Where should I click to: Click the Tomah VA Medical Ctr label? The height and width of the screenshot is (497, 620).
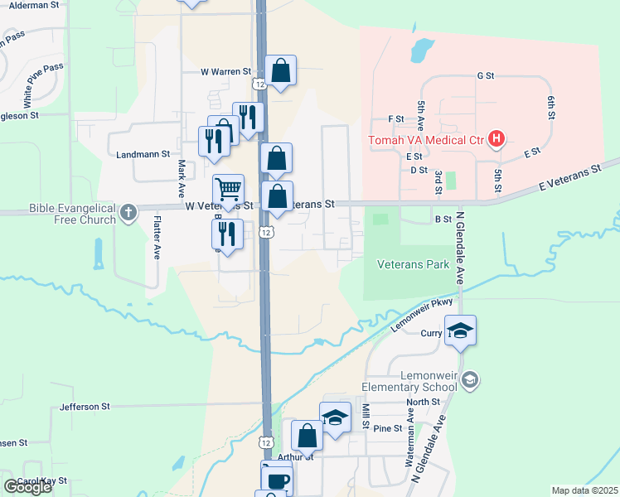pos(425,138)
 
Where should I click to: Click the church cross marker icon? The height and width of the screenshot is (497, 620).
pos(128,213)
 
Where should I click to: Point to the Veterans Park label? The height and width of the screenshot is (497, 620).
pos(413,265)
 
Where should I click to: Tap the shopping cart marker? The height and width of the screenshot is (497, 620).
pos(229,189)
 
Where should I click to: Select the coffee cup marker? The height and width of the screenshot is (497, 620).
pos(277,479)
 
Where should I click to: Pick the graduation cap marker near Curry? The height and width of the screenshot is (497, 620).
pos(460,331)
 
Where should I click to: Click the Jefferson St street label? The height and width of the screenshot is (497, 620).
pos(85,407)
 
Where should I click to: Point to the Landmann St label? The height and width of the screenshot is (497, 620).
pos(143,154)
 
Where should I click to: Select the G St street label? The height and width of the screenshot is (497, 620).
pos(486,75)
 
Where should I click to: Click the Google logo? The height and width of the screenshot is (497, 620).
pos(27,487)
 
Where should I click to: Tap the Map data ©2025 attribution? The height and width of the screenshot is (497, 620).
pos(584,490)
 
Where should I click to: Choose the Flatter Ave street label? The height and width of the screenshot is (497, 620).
pos(156,239)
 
